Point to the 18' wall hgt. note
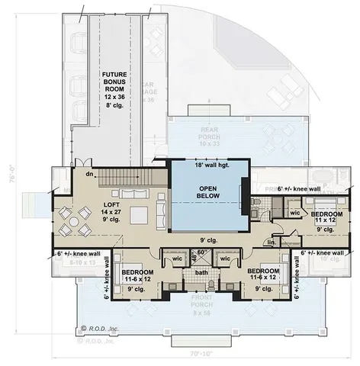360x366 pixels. (210, 165)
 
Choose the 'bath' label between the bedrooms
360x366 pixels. (201, 272)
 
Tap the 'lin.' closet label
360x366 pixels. (272, 242)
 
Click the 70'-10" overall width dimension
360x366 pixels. (201, 354)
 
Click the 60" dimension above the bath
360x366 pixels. (201, 252)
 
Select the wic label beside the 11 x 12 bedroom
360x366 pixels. (294, 214)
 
